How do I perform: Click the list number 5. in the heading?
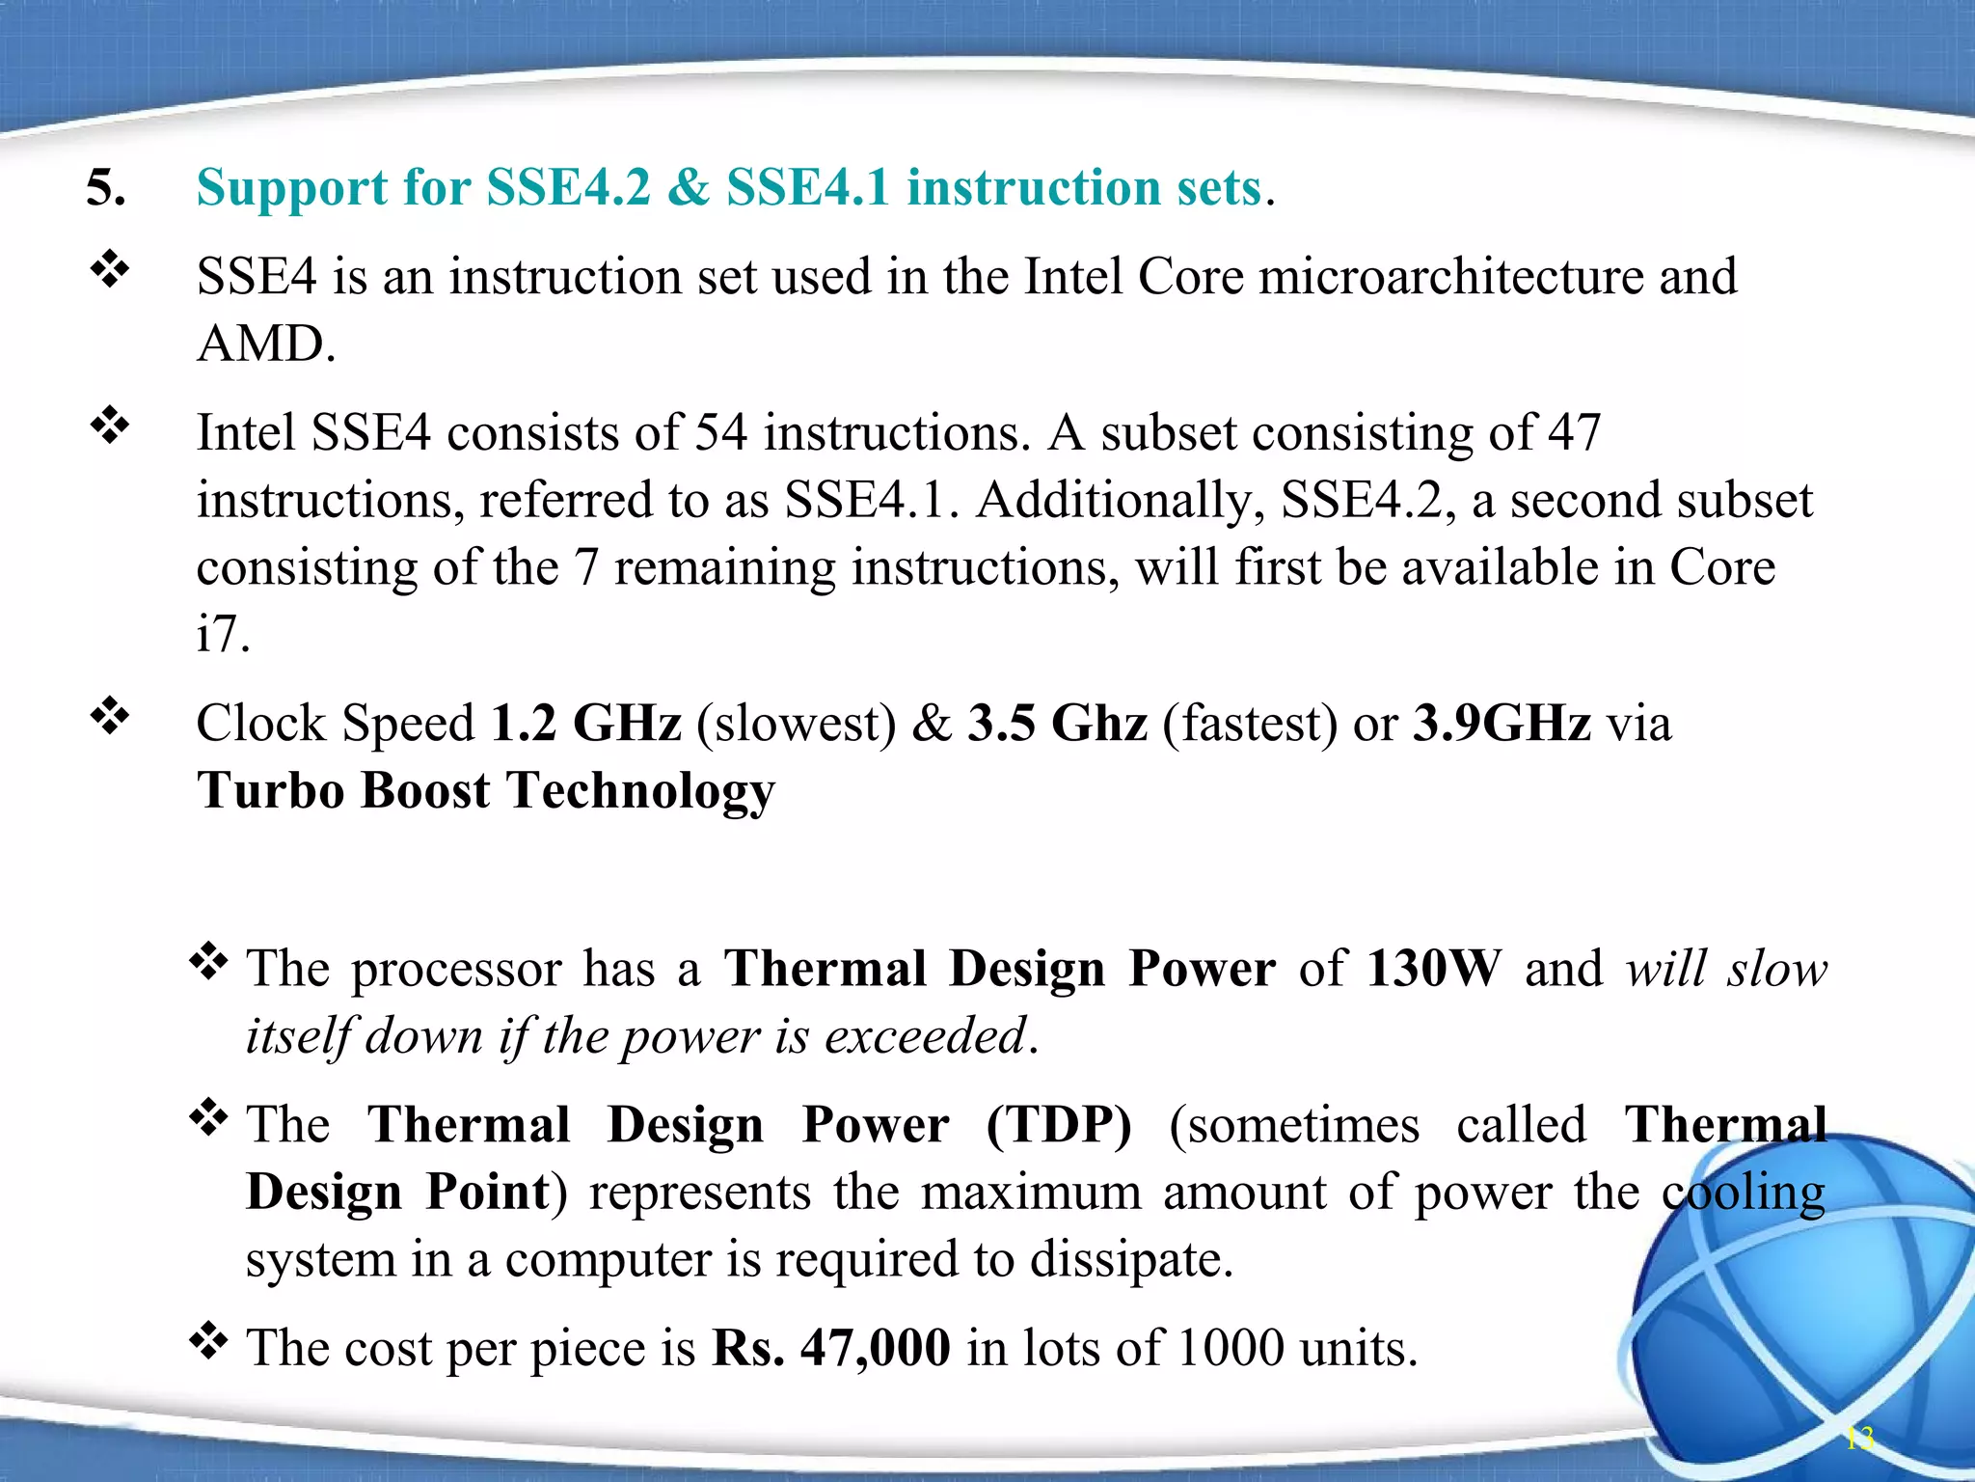[105, 187]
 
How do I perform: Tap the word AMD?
[265, 343]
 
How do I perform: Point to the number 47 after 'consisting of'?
[1574, 432]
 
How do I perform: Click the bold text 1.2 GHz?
[585, 723]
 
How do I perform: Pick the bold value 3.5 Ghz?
[1058, 723]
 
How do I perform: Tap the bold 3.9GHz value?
[1501, 723]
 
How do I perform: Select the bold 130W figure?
[1434, 968]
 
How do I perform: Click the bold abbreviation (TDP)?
[1058, 1125]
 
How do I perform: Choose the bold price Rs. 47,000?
[831, 1348]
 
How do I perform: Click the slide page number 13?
[1859, 1439]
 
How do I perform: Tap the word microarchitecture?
[1450, 277]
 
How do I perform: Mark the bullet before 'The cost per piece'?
[208, 1340]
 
